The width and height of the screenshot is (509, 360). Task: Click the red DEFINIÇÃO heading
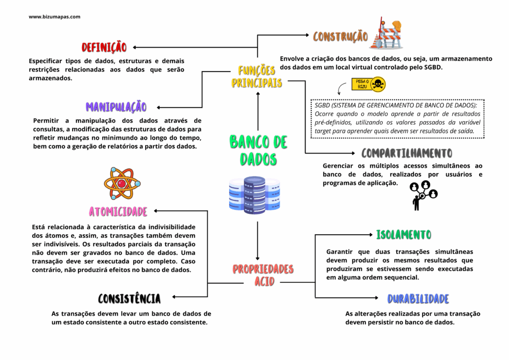pos(104,47)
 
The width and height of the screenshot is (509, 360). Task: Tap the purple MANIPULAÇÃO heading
pos(116,106)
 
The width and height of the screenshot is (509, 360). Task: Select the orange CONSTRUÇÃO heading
pos(340,36)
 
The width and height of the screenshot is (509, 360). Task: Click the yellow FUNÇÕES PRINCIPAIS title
pos(256,77)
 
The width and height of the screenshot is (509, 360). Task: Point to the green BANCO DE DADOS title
pos(258,151)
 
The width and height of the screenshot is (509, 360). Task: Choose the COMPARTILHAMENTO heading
pos(407,153)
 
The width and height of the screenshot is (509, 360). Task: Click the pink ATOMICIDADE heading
pos(118,212)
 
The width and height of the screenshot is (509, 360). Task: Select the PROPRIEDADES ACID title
pos(263,275)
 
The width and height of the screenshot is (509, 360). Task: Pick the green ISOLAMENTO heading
pos(404,234)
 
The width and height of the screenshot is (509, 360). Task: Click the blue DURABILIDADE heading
pos(418,299)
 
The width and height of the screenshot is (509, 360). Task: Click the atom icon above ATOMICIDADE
pos(122,183)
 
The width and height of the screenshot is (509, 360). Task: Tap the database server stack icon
pos(254,195)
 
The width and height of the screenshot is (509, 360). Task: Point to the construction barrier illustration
pos(386,33)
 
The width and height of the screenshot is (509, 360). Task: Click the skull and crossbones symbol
pos(378,85)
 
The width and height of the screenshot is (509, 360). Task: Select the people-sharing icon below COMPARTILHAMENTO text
pos(424,195)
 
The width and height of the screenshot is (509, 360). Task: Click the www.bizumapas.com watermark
pos(55,16)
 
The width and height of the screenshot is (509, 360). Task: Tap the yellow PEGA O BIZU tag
pos(361,84)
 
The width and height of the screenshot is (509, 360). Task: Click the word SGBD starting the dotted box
pos(322,105)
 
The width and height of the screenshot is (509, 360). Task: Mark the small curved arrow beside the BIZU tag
pos(341,89)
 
